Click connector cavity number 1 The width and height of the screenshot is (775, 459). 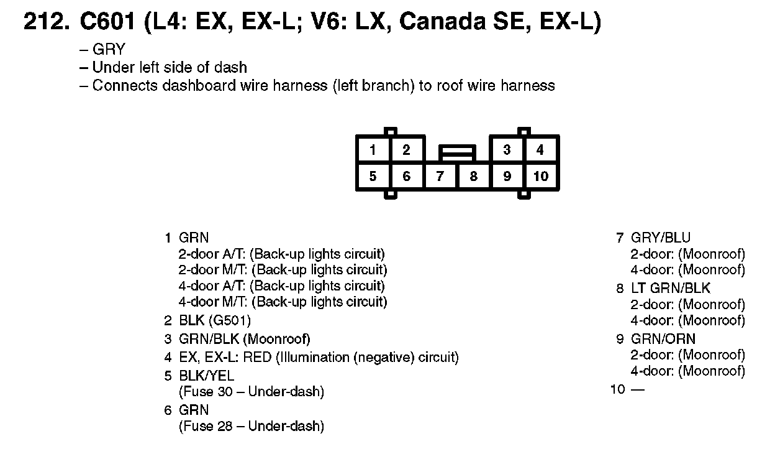tap(373, 150)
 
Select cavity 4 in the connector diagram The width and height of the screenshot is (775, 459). tap(540, 150)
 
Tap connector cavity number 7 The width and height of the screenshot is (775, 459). tap(440, 177)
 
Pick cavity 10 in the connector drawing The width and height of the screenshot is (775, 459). tap(541, 177)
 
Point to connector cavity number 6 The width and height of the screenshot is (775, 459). tap(406, 177)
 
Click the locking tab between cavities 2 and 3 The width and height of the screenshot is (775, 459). tap(457, 151)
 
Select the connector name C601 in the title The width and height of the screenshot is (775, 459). tap(107, 23)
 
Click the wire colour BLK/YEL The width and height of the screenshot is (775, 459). tap(206, 376)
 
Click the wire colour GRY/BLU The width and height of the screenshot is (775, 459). tap(660, 238)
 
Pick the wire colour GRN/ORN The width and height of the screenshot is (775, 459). tap(663, 339)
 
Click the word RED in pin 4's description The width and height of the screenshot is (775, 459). tap(258, 358)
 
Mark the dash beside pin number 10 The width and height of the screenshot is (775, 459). tap(638, 390)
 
